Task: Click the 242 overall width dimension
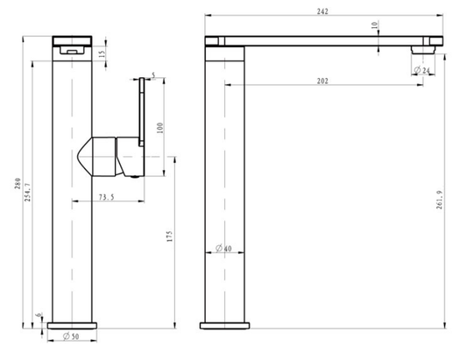point(325,10)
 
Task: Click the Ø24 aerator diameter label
point(424,70)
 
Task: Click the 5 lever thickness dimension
point(152,77)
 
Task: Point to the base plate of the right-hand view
point(224,327)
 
